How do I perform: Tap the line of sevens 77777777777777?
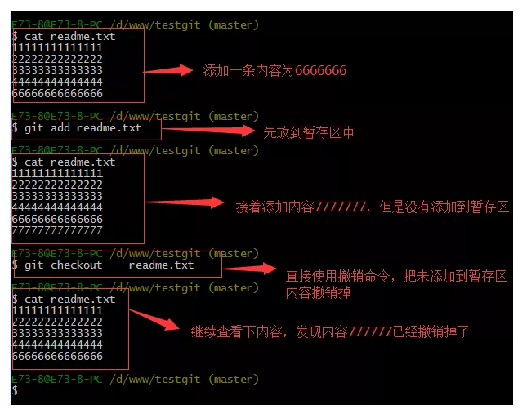coord(57,231)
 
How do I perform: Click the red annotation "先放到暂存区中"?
coord(308,131)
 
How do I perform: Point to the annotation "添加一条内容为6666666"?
coord(274,71)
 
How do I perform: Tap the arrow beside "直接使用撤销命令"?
coord(250,268)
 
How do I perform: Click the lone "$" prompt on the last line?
coord(15,391)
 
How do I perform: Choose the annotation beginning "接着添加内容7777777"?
coord(373,207)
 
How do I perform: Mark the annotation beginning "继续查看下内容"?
coord(330,331)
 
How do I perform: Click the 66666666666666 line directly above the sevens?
coord(57,220)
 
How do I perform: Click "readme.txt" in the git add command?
coord(109,128)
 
